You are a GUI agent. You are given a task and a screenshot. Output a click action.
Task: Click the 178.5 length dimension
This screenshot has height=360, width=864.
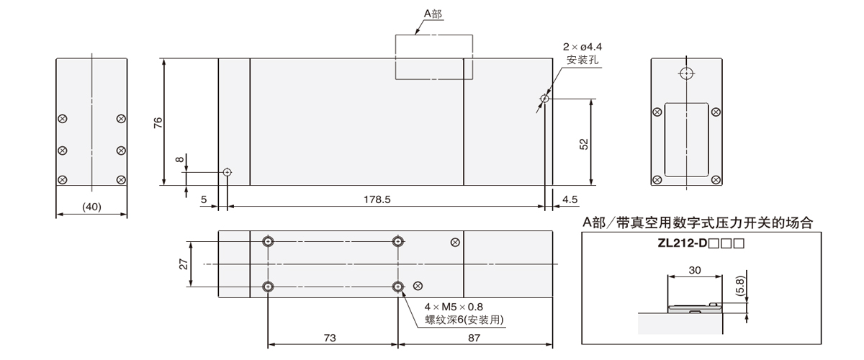pyautogui.click(x=377, y=199)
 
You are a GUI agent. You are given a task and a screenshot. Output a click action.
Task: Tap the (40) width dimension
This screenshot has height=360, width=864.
pyautogui.click(x=91, y=207)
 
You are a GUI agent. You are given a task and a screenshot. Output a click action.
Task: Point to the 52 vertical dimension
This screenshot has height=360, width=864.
pyautogui.click(x=584, y=144)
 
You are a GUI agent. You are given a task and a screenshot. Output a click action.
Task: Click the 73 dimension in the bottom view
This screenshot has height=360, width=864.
pyautogui.click(x=332, y=337)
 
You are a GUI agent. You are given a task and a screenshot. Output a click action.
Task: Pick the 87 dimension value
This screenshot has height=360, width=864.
pyautogui.click(x=474, y=337)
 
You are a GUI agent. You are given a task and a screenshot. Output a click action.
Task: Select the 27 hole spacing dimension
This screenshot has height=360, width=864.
pyautogui.click(x=184, y=264)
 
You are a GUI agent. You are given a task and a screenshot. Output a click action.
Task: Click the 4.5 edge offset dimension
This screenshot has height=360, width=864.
pyautogui.click(x=570, y=199)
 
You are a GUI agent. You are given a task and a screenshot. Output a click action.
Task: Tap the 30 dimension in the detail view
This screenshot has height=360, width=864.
pyautogui.click(x=695, y=270)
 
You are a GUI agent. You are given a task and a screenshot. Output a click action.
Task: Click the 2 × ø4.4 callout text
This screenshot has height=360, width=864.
pyautogui.click(x=584, y=48)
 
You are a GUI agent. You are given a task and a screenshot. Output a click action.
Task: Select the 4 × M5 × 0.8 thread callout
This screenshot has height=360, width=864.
pyautogui.click(x=453, y=306)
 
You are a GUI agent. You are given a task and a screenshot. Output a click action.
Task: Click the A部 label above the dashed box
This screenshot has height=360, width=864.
pyautogui.click(x=433, y=13)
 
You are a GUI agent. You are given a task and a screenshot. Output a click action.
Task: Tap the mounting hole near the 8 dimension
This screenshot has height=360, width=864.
pyautogui.click(x=227, y=172)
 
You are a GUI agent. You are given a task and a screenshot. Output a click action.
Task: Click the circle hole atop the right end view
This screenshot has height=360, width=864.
pyautogui.click(x=686, y=73)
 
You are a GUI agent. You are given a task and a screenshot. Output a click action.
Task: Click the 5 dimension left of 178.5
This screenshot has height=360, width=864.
pyautogui.click(x=204, y=199)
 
